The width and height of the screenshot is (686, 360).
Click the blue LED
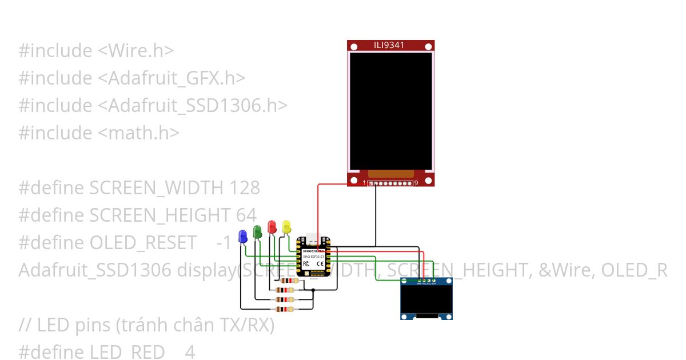coord(243,235)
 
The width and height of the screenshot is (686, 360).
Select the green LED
coord(257,230)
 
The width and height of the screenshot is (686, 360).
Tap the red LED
coord(272,226)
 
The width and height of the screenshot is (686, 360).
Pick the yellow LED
coord(286,226)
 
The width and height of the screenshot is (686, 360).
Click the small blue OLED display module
coord(426,298)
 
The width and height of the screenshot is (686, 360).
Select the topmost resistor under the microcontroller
coord(286,281)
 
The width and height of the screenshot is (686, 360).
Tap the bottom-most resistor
coord(285,309)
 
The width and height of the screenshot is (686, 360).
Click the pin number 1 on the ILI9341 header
coord(365,183)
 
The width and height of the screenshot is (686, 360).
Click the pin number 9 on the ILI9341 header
coord(416,183)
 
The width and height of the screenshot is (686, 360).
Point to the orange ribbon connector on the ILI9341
coord(390,173)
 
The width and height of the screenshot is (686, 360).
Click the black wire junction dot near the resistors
coord(313,291)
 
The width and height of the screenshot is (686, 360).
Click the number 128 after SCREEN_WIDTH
coord(244,187)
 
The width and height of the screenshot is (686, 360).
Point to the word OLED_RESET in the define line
coord(143,243)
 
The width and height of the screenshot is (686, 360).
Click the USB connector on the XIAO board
coord(310,238)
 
